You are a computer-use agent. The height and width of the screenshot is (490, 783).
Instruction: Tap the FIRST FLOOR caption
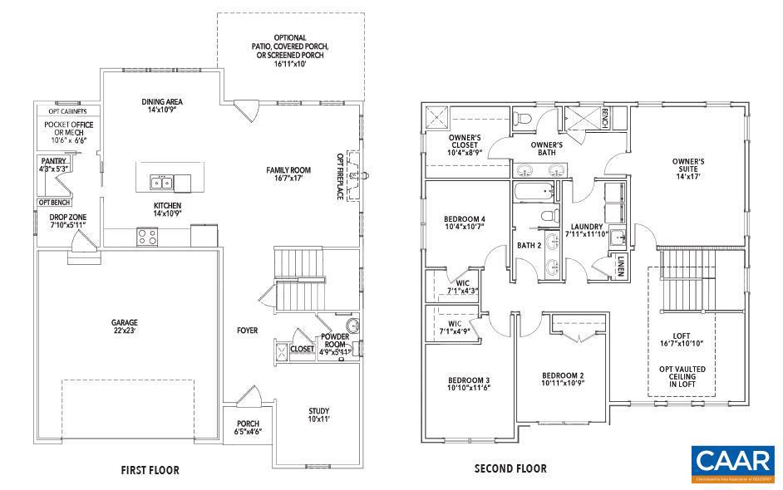(150, 470)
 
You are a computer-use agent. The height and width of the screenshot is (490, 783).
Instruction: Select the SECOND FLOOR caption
(510, 469)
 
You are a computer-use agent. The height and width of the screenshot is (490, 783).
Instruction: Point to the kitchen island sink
(163, 183)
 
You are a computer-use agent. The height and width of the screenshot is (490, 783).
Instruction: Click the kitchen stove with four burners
(147, 237)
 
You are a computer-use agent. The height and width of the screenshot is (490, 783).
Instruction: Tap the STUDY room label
(319, 415)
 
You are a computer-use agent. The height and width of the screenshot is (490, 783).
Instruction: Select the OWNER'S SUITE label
(688, 169)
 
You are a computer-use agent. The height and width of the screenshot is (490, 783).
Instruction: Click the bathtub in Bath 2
(533, 194)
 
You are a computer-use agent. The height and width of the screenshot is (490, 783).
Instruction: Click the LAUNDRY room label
(585, 230)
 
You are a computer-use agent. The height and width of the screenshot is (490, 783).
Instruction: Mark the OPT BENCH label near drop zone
(53, 202)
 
